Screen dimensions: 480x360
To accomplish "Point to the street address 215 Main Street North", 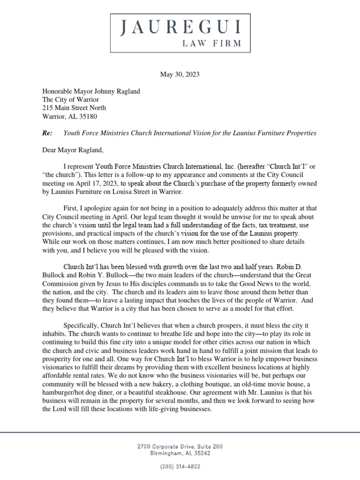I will click(x=79, y=108).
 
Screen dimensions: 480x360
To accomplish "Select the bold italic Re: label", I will click(x=47, y=133).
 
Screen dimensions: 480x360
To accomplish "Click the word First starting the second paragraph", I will click(x=71, y=209).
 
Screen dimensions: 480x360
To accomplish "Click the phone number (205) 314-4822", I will click(x=180, y=467).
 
